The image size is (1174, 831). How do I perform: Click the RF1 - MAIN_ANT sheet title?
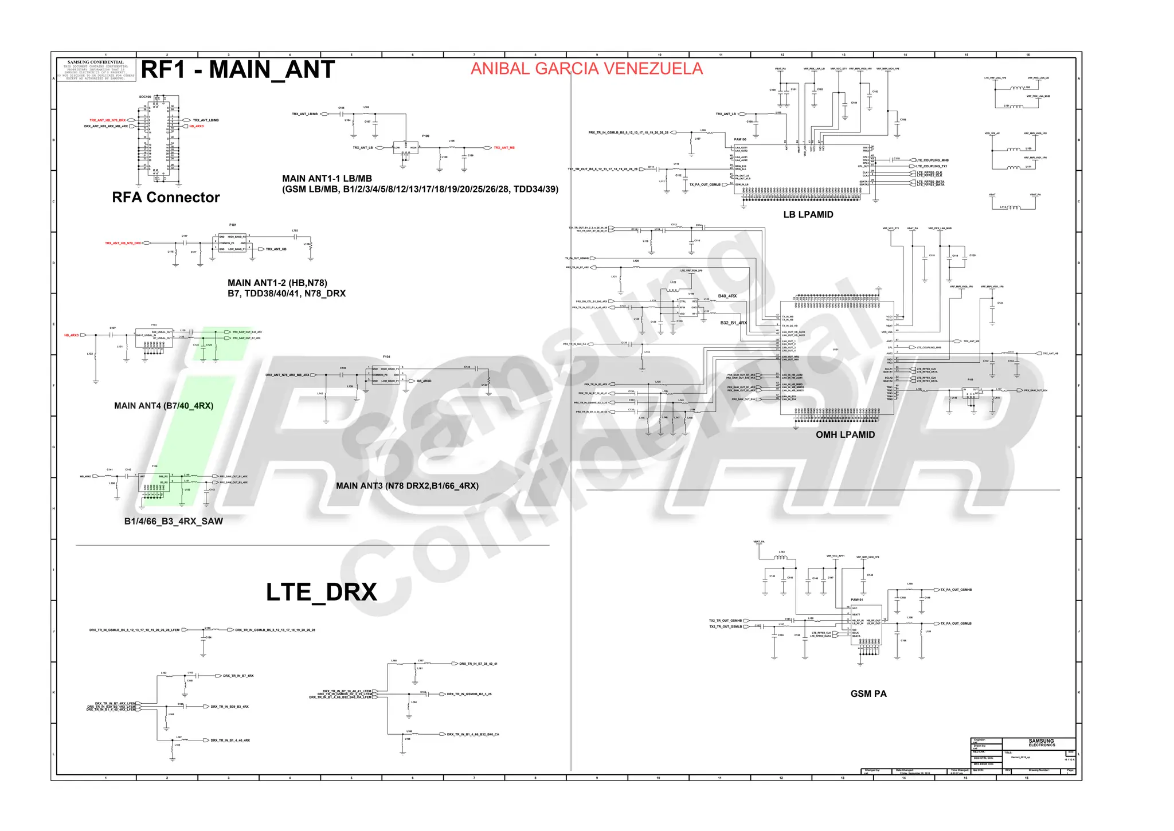237,70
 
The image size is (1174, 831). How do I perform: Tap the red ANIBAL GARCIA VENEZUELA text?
586,69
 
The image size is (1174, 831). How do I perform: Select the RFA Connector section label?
166,198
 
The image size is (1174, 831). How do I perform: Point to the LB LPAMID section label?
808,215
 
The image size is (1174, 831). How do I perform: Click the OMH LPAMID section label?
845,435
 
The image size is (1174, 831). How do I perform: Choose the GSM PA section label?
868,694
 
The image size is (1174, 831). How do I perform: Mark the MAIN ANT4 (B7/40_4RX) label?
163,406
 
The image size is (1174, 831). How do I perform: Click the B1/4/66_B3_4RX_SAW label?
173,522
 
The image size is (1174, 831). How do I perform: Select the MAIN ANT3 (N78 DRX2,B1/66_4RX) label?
407,486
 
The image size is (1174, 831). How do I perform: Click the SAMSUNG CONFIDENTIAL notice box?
96,70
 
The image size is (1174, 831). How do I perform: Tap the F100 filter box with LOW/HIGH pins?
405,148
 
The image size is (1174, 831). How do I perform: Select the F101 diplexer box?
232,243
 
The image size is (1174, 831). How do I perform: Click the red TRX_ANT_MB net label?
504,148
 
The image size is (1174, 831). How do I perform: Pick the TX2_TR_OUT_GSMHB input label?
725,621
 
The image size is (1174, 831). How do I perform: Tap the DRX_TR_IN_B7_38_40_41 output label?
478,664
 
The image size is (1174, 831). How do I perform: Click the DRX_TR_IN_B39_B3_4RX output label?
229,707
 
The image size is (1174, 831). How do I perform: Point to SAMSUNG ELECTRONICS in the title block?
1041,743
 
